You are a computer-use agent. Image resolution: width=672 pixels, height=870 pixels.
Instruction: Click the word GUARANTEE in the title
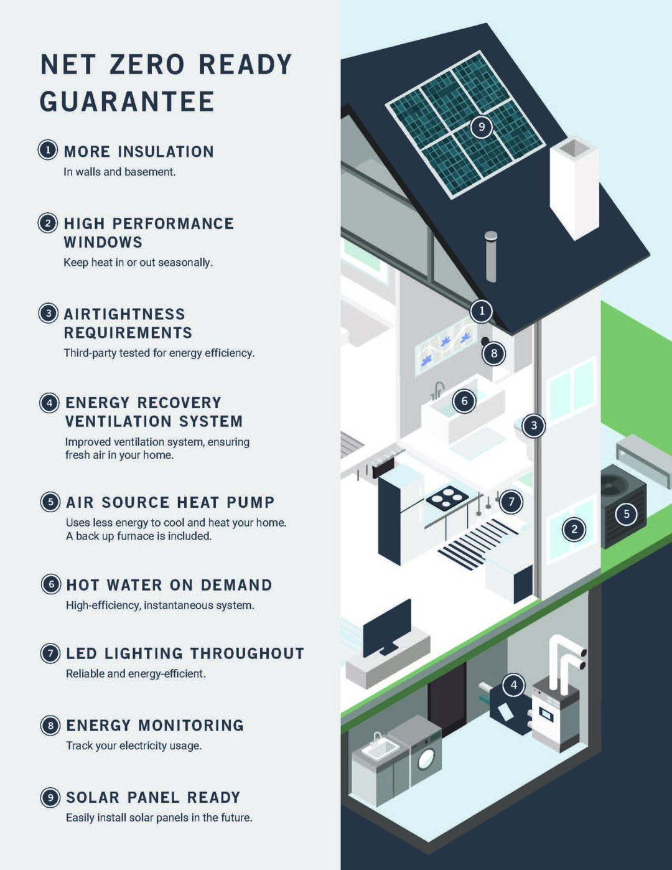(127, 101)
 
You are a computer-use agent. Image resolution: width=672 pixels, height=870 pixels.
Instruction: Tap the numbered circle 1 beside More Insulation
(48, 151)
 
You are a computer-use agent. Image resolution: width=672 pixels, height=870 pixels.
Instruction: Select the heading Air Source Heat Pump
(170, 502)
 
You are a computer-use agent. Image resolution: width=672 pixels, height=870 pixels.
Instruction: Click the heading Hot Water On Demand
(169, 585)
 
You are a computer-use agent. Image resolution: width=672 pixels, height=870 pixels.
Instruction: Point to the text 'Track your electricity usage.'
(134, 746)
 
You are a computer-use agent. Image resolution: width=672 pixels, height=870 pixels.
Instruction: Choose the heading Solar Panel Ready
(153, 797)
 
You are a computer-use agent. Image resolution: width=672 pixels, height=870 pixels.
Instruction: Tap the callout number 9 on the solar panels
(482, 127)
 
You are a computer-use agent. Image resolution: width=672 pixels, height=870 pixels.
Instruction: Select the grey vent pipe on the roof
(491, 256)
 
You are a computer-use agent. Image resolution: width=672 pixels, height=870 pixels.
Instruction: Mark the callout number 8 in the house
(494, 353)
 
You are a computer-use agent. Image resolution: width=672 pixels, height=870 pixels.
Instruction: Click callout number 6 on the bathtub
(464, 401)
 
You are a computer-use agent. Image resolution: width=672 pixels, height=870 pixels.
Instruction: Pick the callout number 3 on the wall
(533, 425)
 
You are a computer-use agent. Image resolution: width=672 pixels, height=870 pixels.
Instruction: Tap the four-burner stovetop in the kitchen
(447, 498)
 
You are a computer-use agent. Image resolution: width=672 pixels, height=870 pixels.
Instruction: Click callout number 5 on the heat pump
(627, 514)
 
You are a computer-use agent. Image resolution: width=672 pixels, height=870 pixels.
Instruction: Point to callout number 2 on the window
(574, 530)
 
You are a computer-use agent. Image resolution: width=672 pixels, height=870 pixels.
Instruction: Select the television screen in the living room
(386, 628)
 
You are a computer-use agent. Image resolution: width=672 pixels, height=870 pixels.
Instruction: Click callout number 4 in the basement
(514, 685)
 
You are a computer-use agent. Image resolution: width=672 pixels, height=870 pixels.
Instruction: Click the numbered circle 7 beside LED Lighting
(50, 653)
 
